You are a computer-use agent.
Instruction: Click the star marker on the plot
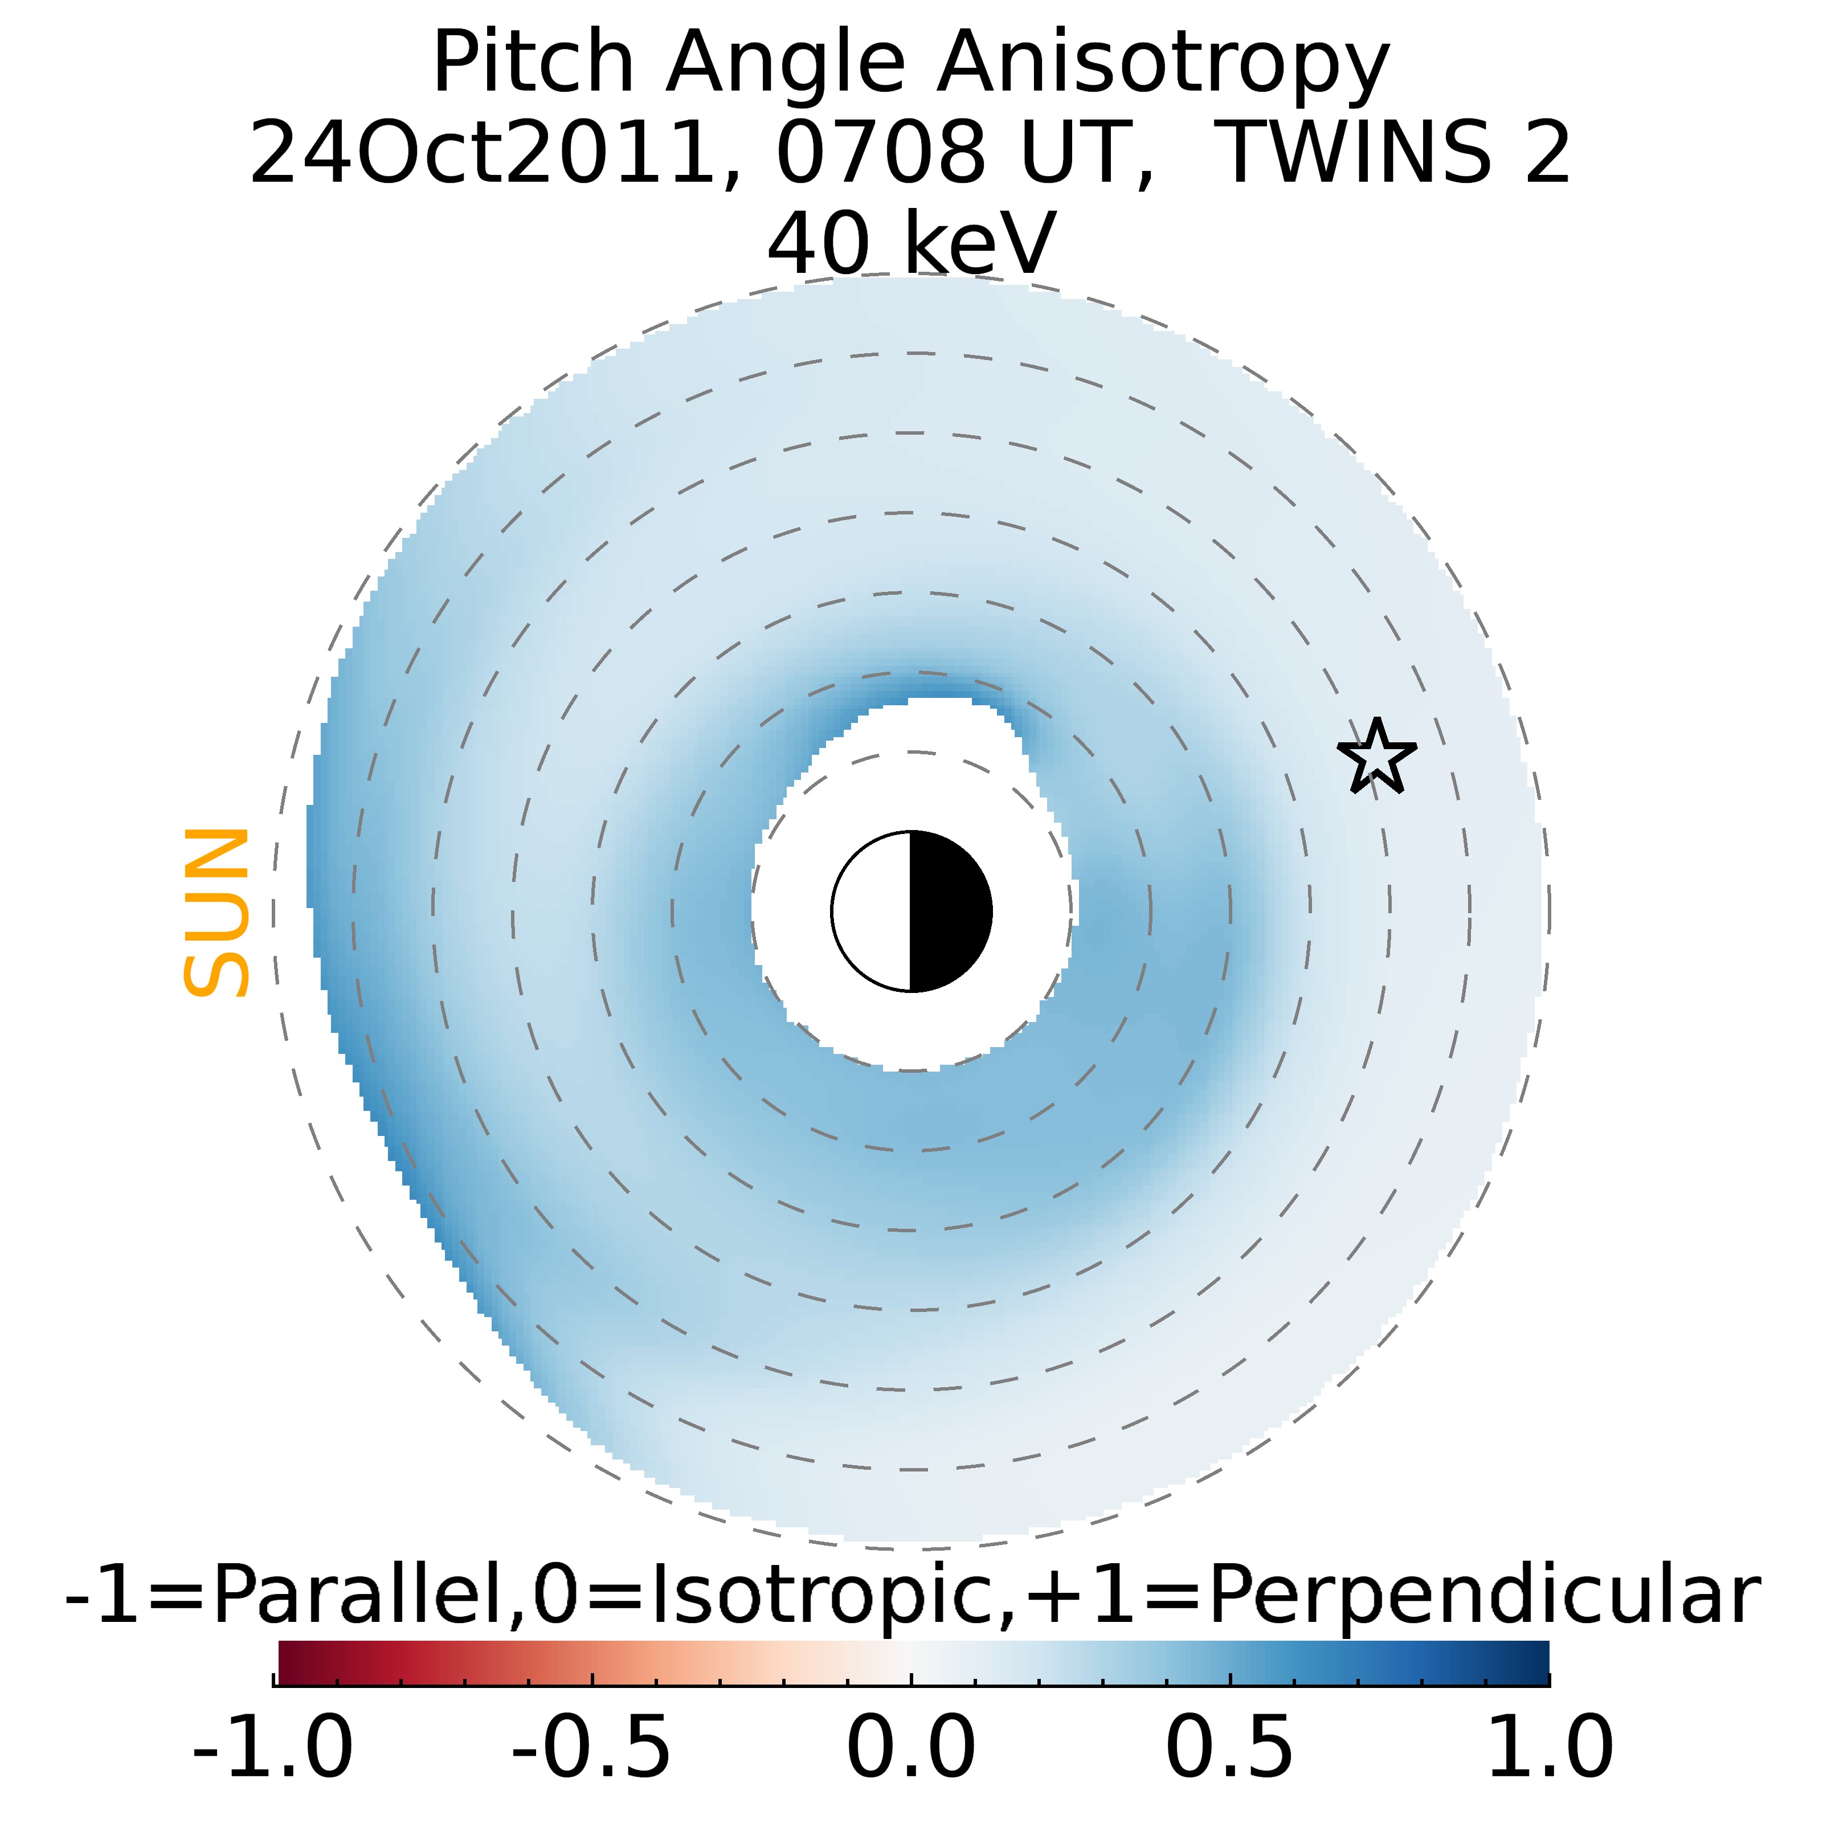coord(1377,757)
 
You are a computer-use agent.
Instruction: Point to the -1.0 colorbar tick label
coord(273,1747)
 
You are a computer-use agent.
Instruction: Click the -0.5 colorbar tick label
coord(592,1747)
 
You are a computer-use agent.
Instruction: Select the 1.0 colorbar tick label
coord(1550,1747)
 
